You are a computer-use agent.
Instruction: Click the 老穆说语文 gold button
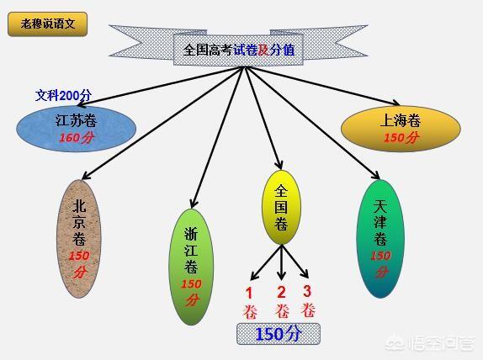pyautogui.click(x=47, y=24)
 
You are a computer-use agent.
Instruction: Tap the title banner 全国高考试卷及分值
pyautogui.click(x=238, y=50)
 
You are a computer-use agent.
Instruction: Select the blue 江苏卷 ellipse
pyautogui.click(x=76, y=129)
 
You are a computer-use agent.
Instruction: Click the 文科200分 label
pyautogui.click(x=63, y=95)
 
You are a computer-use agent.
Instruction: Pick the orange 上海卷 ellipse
pyautogui.click(x=401, y=129)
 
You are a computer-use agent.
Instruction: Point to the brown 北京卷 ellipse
pyautogui.click(x=79, y=239)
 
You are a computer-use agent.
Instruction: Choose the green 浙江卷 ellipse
pyautogui.click(x=191, y=267)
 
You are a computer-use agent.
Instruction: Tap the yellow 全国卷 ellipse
pyautogui.click(x=281, y=208)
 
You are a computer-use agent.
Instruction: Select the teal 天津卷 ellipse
pyautogui.click(x=380, y=239)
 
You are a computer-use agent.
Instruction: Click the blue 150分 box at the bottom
pyautogui.click(x=279, y=334)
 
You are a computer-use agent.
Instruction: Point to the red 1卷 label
pyautogui.click(x=250, y=303)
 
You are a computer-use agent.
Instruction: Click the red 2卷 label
pyautogui.click(x=282, y=302)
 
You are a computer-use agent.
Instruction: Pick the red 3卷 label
pyautogui.click(x=308, y=301)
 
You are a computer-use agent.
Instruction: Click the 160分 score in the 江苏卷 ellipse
pyautogui.click(x=76, y=138)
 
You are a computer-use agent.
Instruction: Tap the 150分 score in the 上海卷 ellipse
pyautogui.click(x=401, y=137)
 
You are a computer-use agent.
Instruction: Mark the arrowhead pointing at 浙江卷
pyautogui.click(x=194, y=204)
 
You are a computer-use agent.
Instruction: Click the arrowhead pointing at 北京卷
pyautogui.click(x=86, y=175)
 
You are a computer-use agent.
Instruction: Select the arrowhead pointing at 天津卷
pyautogui.click(x=376, y=175)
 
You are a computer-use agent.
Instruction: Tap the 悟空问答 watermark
pyautogui.click(x=431, y=342)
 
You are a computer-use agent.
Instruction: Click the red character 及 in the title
pyautogui.click(x=263, y=50)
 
